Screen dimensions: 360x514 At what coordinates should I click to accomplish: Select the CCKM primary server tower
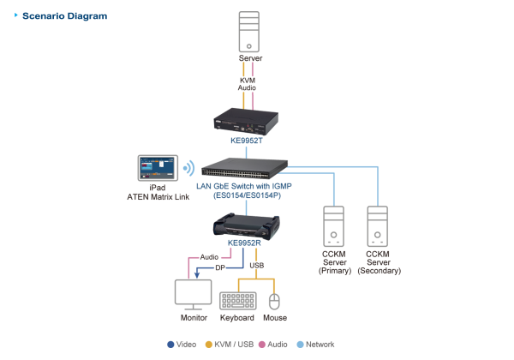pyautogui.click(x=334, y=225)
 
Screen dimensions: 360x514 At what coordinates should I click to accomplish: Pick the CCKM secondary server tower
pyautogui.click(x=378, y=225)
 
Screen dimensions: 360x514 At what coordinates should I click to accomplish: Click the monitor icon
pyautogui.click(x=193, y=294)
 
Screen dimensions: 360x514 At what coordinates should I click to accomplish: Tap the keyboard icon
pyautogui.click(x=237, y=300)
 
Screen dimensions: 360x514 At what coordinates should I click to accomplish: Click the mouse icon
pyautogui.click(x=274, y=301)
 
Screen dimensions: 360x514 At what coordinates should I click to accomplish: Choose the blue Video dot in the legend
pyautogui.click(x=170, y=344)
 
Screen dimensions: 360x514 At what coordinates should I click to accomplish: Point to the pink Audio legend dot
pyautogui.click(x=261, y=344)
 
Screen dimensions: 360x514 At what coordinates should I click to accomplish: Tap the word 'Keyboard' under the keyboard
pyautogui.click(x=237, y=318)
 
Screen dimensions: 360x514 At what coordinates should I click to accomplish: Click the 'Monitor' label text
pyautogui.click(x=194, y=318)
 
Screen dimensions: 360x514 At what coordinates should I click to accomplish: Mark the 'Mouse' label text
pyautogui.click(x=275, y=318)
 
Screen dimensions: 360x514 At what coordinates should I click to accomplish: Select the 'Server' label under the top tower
pyautogui.click(x=248, y=58)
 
